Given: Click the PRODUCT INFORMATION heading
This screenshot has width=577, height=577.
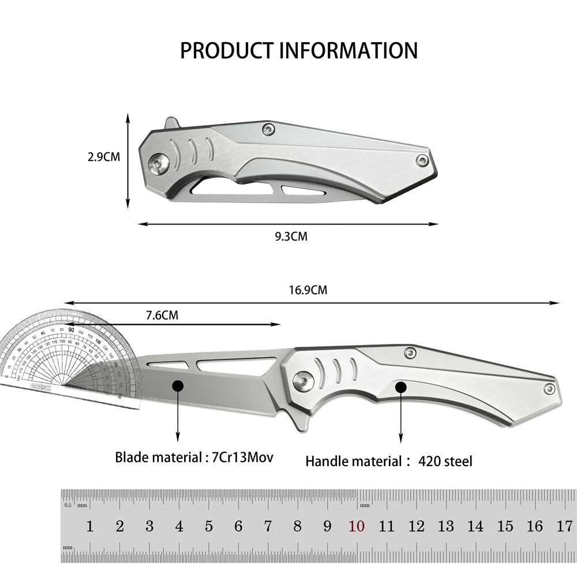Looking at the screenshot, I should coord(298,51).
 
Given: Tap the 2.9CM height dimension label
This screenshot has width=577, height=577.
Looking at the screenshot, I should coord(104,156).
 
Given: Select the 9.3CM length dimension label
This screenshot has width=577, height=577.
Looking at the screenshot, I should coord(291,236).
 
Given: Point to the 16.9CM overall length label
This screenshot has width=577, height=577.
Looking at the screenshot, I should coord(308,290).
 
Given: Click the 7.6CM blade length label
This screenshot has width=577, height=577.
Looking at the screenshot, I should coord(162,315).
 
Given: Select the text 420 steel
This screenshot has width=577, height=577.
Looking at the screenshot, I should coord(445,461).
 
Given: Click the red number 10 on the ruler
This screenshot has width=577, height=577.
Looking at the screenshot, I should coord(356,526).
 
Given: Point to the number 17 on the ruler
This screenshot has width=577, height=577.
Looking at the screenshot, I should coord(564,526).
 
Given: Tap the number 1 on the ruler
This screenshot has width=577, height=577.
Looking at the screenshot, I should coord(90,526).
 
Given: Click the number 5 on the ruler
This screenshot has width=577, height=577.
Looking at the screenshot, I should coord(209,526).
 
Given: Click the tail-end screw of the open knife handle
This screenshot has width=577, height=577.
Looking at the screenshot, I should coord(545,390).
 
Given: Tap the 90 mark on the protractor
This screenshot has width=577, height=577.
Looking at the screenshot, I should coord(70,329).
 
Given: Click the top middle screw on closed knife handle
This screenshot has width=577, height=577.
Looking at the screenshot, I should coord(268,130).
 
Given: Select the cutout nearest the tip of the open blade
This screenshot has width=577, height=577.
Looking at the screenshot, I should coord(166,364).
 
